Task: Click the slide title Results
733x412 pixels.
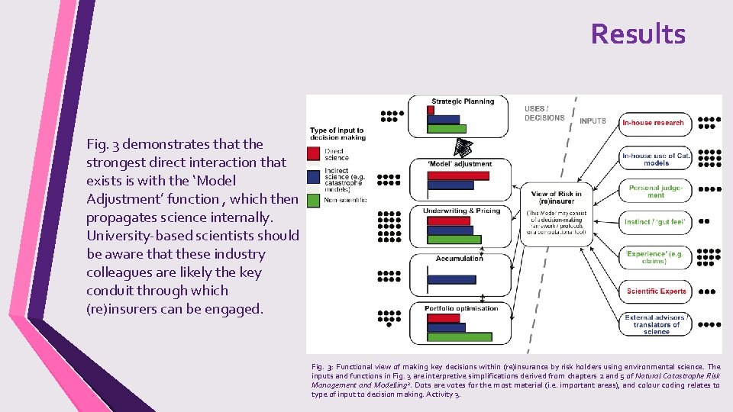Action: [x=638, y=34]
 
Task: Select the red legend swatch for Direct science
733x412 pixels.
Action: [x=313, y=153]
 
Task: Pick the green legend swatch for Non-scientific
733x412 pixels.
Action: [x=313, y=200]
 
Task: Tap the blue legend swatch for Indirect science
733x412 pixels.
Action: [x=313, y=177]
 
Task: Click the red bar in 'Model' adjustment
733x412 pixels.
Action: [x=457, y=175]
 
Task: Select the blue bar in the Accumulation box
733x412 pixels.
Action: [x=444, y=279]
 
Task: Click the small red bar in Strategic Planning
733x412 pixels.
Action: [x=431, y=110]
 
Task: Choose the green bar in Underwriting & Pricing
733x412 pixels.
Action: [x=454, y=240]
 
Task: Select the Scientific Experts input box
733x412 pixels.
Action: [x=656, y=291]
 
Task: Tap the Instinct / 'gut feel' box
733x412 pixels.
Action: [x=656, y=221]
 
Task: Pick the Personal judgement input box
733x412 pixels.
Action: [x=656, y=191]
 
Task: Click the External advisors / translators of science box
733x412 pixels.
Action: [x=656, y=324]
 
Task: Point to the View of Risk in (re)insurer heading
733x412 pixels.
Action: [x=555, y=198]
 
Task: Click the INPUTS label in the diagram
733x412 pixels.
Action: [x=593, y=121]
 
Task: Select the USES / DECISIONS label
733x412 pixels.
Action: [x=544, y=113]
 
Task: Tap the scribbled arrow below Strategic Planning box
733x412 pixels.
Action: [x=463, y=147]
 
